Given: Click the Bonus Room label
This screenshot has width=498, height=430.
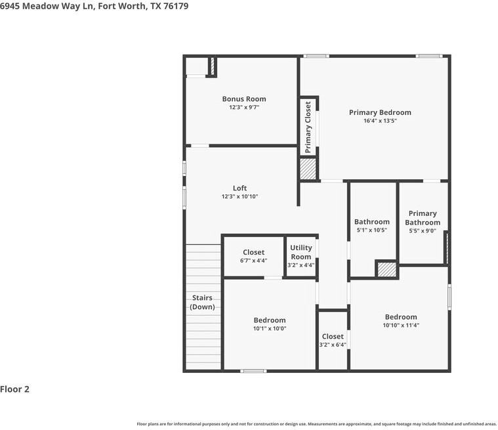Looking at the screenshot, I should coord(243,99).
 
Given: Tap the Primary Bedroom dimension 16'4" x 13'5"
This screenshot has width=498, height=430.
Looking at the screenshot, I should coord(380,121).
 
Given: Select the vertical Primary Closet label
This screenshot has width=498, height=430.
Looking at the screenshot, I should coord(308,127).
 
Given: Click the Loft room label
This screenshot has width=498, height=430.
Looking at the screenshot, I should coord(239,188).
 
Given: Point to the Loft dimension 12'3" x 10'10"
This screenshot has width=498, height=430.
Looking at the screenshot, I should coord(239,197).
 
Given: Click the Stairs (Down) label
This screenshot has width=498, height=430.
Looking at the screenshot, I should coord(202,303).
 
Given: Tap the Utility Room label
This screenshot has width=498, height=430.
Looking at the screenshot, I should coord(301,252).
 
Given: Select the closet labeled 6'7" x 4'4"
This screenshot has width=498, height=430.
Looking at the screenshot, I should coord(253,257).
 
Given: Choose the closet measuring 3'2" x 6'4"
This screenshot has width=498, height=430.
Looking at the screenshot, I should coord(333,341).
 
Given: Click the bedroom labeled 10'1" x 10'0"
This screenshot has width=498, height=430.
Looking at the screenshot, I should coord(270,324).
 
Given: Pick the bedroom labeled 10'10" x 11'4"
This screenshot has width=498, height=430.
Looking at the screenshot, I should coord(400,321).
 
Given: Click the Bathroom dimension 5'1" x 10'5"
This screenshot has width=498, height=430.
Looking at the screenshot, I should coord(372,230).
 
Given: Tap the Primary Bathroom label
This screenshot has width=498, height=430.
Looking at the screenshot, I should coord(423,218).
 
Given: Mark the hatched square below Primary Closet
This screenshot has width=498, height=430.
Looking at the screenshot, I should coord(308,169).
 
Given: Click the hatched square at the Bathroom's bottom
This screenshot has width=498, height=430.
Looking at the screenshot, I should coord(386,270).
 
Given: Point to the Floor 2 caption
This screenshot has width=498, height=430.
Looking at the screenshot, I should coord(15,389).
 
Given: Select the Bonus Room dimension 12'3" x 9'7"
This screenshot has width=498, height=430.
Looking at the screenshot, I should coord(243,107).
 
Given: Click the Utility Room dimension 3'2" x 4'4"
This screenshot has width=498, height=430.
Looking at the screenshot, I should coord(301,265).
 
